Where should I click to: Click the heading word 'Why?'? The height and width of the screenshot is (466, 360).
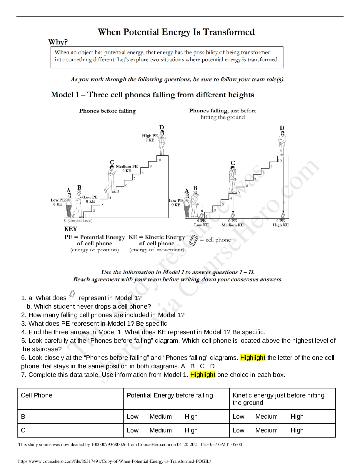pyautogui.click(x=58, y=42)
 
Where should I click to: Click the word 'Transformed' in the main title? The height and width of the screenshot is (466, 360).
pyautogui.click(x=229, y=32)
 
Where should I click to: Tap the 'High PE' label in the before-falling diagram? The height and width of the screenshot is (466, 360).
pyautogui.click(x=150, y=136)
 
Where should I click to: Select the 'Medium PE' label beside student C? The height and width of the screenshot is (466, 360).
pyautogui.click(x=127, y=167)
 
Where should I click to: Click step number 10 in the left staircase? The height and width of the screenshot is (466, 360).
pyautogui.click(x=159, y=160)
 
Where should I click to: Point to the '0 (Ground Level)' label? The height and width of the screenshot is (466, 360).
pyautogui.click(x=78, y=220)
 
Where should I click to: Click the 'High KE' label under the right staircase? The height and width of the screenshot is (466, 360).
pyautogui.click(x=281, y=225)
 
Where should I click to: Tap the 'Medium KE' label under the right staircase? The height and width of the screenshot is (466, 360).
pyautogui.click(x=233, y=225)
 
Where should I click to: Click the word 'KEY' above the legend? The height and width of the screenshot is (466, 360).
pyautogui.click(x=71, y=229)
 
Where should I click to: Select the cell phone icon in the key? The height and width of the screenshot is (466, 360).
pyautogui.click(x=193, y=240)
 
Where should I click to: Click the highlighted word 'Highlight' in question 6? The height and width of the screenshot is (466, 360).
pyautogui.click(x=253, y=358)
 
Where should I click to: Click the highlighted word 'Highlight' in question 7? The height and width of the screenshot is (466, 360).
pyautogui.click(x=203, y=375)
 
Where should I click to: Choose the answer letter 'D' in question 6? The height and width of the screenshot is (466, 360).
pyautogui.click(x=212, y=366)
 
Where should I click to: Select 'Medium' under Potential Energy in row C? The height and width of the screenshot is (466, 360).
pyautogui.click(x=161, y=430)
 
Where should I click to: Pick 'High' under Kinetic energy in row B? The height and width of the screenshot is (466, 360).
pyautogui.click(x=297, y=417)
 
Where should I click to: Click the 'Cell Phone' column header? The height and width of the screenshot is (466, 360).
pyautogui.click(x=37, y=395)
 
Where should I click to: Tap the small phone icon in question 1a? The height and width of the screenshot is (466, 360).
pyautogui.click(x=72, y=294)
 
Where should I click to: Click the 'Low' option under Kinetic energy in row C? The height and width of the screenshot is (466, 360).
pyautogui.click(x=239, y=430)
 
